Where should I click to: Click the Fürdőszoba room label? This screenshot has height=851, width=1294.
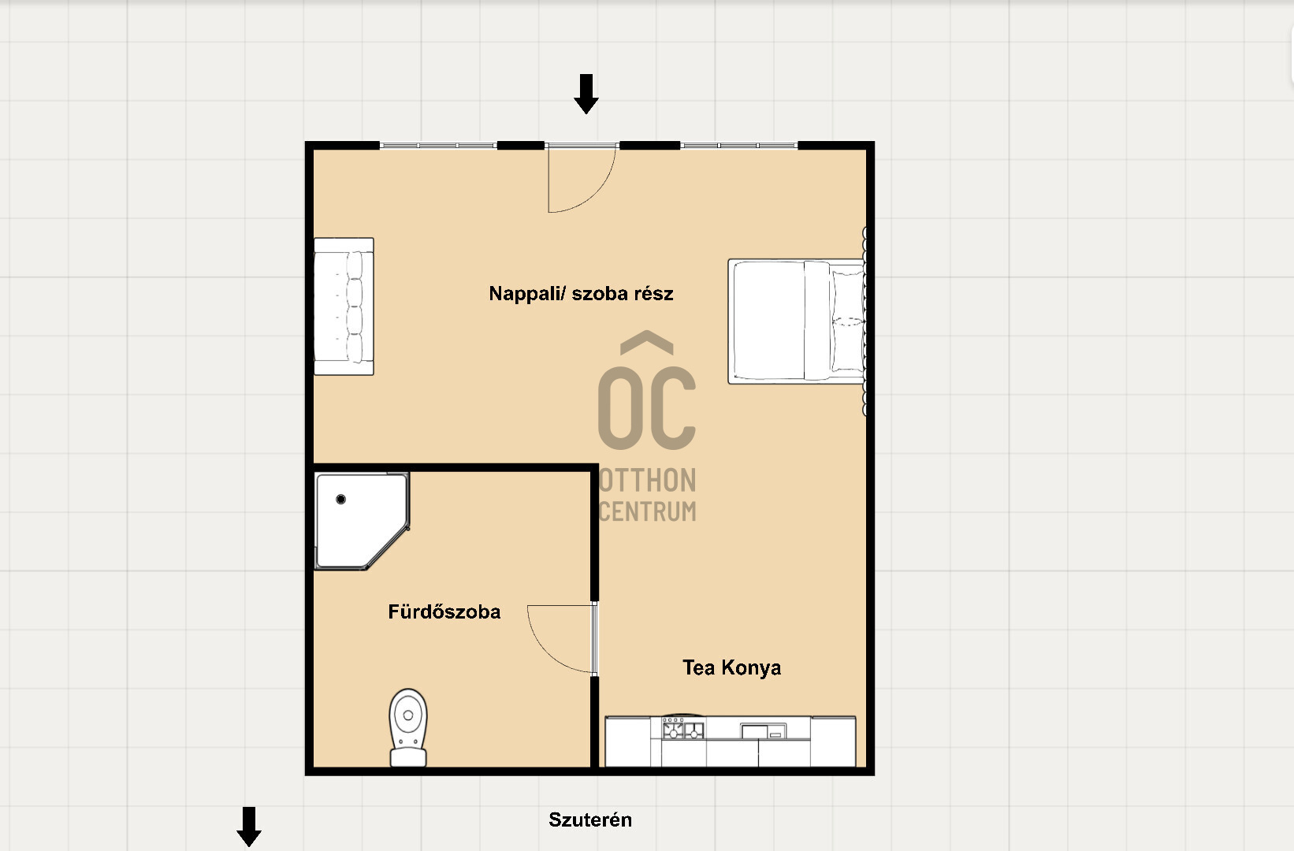coord(444,611)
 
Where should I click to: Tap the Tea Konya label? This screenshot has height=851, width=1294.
coord(732,668)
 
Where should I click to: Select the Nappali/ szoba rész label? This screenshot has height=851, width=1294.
coord(581,293)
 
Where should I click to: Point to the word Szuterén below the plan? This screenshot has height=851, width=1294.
coord(590,819)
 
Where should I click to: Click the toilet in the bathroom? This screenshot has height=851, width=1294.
coord(408,727)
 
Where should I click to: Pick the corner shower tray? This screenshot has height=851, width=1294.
coord(362,521)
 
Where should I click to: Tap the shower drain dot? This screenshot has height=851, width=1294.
coord(340,499)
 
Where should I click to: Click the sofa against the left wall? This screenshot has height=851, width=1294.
coord(344,307)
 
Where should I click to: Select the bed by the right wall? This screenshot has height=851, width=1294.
coord(797,321)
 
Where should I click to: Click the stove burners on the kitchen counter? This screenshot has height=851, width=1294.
coord(682,729)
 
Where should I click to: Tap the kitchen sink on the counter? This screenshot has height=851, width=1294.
coord(764,731)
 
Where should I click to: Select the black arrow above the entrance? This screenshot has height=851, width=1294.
coord(586,94)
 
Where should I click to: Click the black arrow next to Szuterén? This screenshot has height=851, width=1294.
coord(249,827)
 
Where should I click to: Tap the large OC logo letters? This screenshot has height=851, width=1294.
coord(647,408)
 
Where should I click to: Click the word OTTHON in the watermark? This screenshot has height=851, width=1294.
coord(648,480)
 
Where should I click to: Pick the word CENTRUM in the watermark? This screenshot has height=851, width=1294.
coord(648,511)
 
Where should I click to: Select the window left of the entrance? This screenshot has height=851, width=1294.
coord(438,145)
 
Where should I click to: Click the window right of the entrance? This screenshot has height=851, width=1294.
coord(739,145)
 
